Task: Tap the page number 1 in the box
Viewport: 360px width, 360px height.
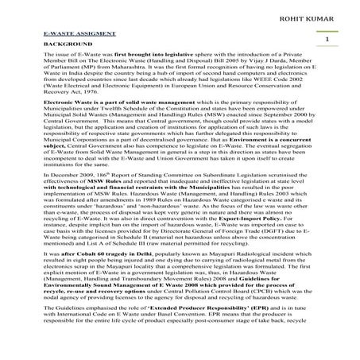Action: coord(326,38)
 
